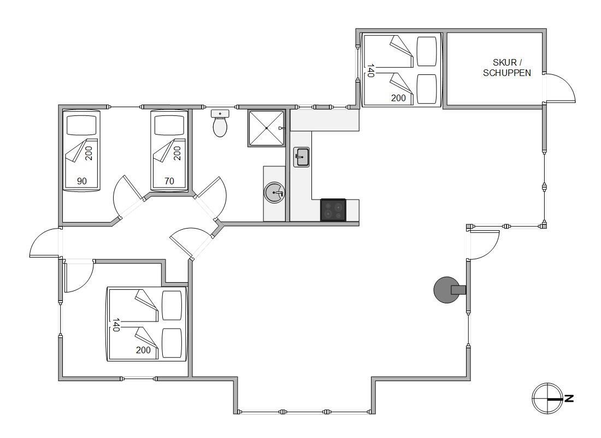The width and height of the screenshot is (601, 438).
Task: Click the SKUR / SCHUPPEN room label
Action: tap(506, 67)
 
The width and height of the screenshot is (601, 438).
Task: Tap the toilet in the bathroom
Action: tap(220, 124)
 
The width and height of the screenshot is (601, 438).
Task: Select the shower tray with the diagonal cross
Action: tap(267, 128)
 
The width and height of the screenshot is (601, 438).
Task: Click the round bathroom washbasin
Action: tap(274, 192)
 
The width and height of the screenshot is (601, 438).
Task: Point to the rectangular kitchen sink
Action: tap(302, 157)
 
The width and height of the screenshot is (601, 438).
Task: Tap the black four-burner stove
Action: tap(333, 210)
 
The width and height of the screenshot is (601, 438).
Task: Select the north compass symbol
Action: tap(547, 399)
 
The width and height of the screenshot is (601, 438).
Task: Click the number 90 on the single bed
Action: tap(81, 181)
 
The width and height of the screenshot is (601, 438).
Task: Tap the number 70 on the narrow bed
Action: tap(169, 181)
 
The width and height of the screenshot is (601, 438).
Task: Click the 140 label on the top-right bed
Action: tap(370, 71)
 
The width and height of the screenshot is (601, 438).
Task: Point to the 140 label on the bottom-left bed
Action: tap(116, 324)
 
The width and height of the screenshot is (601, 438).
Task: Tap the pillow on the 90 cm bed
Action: tap(81, 125)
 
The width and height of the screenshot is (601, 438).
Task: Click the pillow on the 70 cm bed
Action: tap(169, 125)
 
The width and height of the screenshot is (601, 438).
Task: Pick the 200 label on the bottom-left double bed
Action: tap(143, 350)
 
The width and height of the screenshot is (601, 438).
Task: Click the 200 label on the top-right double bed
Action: tap(398, 98)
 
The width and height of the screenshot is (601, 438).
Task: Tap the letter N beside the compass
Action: tap(569, 399)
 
